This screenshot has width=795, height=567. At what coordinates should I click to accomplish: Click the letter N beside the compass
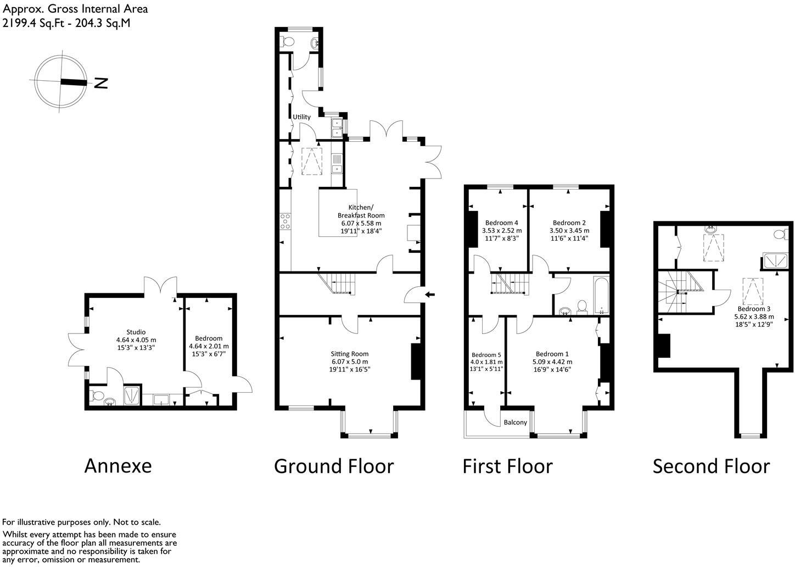(100, 83)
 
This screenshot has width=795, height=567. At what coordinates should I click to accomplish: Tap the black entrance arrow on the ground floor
(430, 295)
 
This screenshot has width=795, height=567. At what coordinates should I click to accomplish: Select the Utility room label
(301, 117)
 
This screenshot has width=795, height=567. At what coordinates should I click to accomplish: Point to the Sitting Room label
(349, 354)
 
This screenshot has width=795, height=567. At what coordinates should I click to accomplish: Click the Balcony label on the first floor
(516, 423)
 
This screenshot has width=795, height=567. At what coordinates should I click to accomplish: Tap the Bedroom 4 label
(501, 223)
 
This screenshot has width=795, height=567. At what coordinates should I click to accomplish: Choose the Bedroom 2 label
(569, 223)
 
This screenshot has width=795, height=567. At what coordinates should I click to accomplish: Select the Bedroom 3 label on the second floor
(753, 309)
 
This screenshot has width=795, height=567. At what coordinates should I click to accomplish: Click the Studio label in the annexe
(136, 332)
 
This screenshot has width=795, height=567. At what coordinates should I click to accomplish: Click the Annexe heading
(117, 466)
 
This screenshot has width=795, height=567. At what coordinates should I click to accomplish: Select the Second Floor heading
(711, 466)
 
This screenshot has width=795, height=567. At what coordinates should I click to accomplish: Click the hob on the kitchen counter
(285, 221)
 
